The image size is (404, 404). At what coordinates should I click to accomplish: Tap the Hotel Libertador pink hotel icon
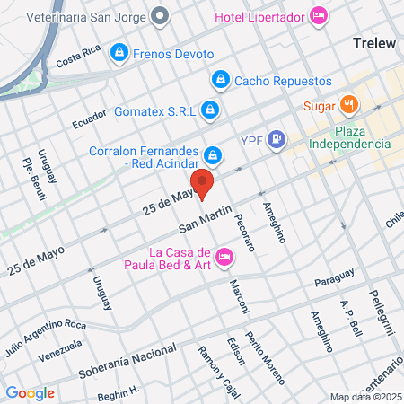[319, 15]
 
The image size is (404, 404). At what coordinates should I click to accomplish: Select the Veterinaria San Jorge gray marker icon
[161, 15]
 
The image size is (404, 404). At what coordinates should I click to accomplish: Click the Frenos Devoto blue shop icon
[118, 54]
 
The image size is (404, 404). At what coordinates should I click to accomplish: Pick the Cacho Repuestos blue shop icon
[219, 80]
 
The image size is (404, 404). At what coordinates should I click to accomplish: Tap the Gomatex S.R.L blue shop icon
[209, 110]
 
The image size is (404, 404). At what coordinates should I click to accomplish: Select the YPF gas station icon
[277, 139]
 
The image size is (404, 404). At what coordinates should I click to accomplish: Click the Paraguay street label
[335, 282]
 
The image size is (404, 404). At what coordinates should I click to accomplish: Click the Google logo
[30, 392]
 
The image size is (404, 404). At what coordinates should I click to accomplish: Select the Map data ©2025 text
[364, 397]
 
